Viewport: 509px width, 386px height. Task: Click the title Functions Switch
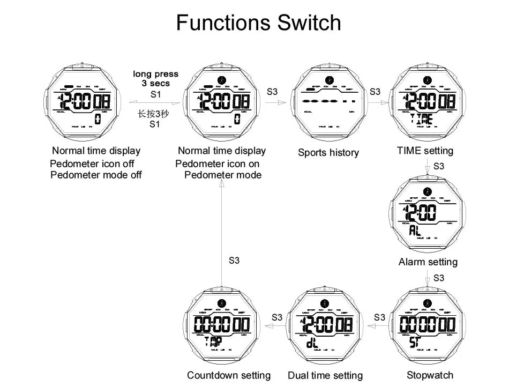(x=258, y=23)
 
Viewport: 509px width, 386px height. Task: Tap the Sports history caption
(x=328, y=153)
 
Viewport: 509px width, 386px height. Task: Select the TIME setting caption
(x=425, y=151)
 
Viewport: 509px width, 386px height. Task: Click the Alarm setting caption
(x=428, y=262)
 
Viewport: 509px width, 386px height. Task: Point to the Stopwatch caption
(x=430, y=375)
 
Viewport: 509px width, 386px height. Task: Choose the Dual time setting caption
(x=325, y=376)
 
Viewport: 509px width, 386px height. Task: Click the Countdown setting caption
(x=229, y=375)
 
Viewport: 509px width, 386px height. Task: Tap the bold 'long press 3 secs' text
(x=155, y=79)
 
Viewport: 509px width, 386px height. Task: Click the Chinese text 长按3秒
(x=153, y=114)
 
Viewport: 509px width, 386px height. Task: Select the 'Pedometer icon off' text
(x=92, y=164)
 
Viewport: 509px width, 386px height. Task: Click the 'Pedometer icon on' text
(x=218, y=164)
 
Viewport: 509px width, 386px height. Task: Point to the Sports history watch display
(x=328, y=102)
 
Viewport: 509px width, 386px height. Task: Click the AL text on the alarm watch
(x=415, y=231)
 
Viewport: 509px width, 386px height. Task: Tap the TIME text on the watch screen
(x=421, y=119)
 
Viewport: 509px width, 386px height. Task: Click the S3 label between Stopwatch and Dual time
(x=379, y=317)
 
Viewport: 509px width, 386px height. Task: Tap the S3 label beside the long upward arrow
(x=234, y=261)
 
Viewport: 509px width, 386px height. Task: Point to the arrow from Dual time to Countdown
(x=276, y=326)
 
